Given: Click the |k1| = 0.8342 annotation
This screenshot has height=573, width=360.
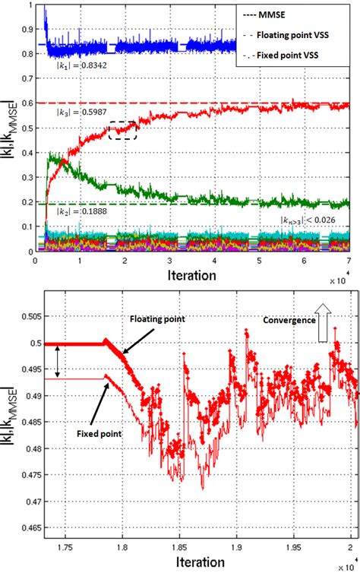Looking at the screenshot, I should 74,66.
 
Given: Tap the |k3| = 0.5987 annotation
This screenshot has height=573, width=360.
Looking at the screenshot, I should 75,113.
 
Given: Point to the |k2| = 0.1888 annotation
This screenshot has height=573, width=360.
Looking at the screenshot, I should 75,212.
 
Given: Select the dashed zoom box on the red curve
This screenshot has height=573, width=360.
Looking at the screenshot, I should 122,131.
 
